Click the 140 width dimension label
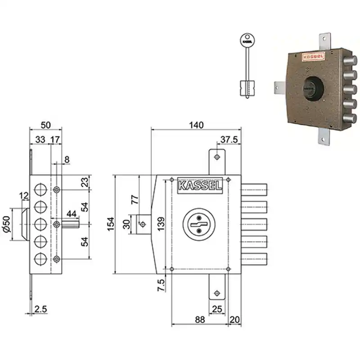pyautogui.click(x=196, y=125)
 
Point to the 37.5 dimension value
pyautogui.click(x=229, y=139)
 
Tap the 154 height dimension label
pyautogui.click(x=111, y=224)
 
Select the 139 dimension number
pyautogui.click(x=161, y=224)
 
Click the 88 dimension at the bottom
pyautogui.click(x=200, y=319)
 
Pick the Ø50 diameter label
pyautogui.click(x=7, y=224)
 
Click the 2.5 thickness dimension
pyautogui.click(x=40, y=309)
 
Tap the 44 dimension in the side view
pyautogui.click(x=72, y=214)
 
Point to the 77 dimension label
pyautogui.click(x=135, y=199)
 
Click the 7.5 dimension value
pyautogui.click(x=161, y=285)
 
